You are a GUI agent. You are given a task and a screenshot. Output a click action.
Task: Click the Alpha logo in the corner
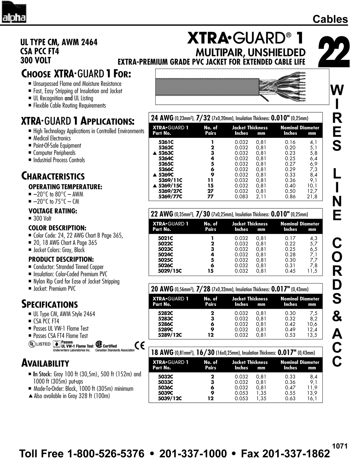pyautogui.click(x=14, y=12)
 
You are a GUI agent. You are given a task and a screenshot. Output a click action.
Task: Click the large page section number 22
pyautogui.click(x=334, y=52)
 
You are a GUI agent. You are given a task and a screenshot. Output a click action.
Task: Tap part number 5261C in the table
pyautogui.click(x=166, y=142)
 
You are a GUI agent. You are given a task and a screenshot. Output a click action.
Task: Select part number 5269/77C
pyautogui.click(x=170, y=197)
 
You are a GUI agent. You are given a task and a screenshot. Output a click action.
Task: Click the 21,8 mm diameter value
pyautogui.click(x=311, y=197)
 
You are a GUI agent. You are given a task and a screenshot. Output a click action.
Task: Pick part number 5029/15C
pyautogui.click(x=170, y=271)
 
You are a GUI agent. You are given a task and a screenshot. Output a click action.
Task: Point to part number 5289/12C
pyautogui.click(x=170, y=335)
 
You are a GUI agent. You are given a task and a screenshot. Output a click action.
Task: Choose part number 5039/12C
pyautogui.click(x=170, y=398)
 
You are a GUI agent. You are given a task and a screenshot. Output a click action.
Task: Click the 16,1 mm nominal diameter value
pyautogui.click(x=312, y=398)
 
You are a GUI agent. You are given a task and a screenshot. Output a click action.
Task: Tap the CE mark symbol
pyautogui.click(x=140, y=345)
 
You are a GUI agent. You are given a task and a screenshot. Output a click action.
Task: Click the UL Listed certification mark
pyautogui.click(x=39, y=344)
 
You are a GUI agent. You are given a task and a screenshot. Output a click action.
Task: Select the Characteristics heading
pyautogui.click(x=53, y=176)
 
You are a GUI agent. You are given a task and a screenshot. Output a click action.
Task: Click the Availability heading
pyautogui.click(x=45, y=363)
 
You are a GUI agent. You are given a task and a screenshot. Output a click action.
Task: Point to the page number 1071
pyautogui.click(x=340, y=446)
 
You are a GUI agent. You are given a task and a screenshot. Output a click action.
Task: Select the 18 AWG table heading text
pyautogui.click(x=162, y=352)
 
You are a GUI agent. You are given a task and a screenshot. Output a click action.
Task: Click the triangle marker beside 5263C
pyautogui.click(x=155, y=153)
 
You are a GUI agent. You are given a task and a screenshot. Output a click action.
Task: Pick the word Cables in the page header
pyautogui.click(x=330, y=19)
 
